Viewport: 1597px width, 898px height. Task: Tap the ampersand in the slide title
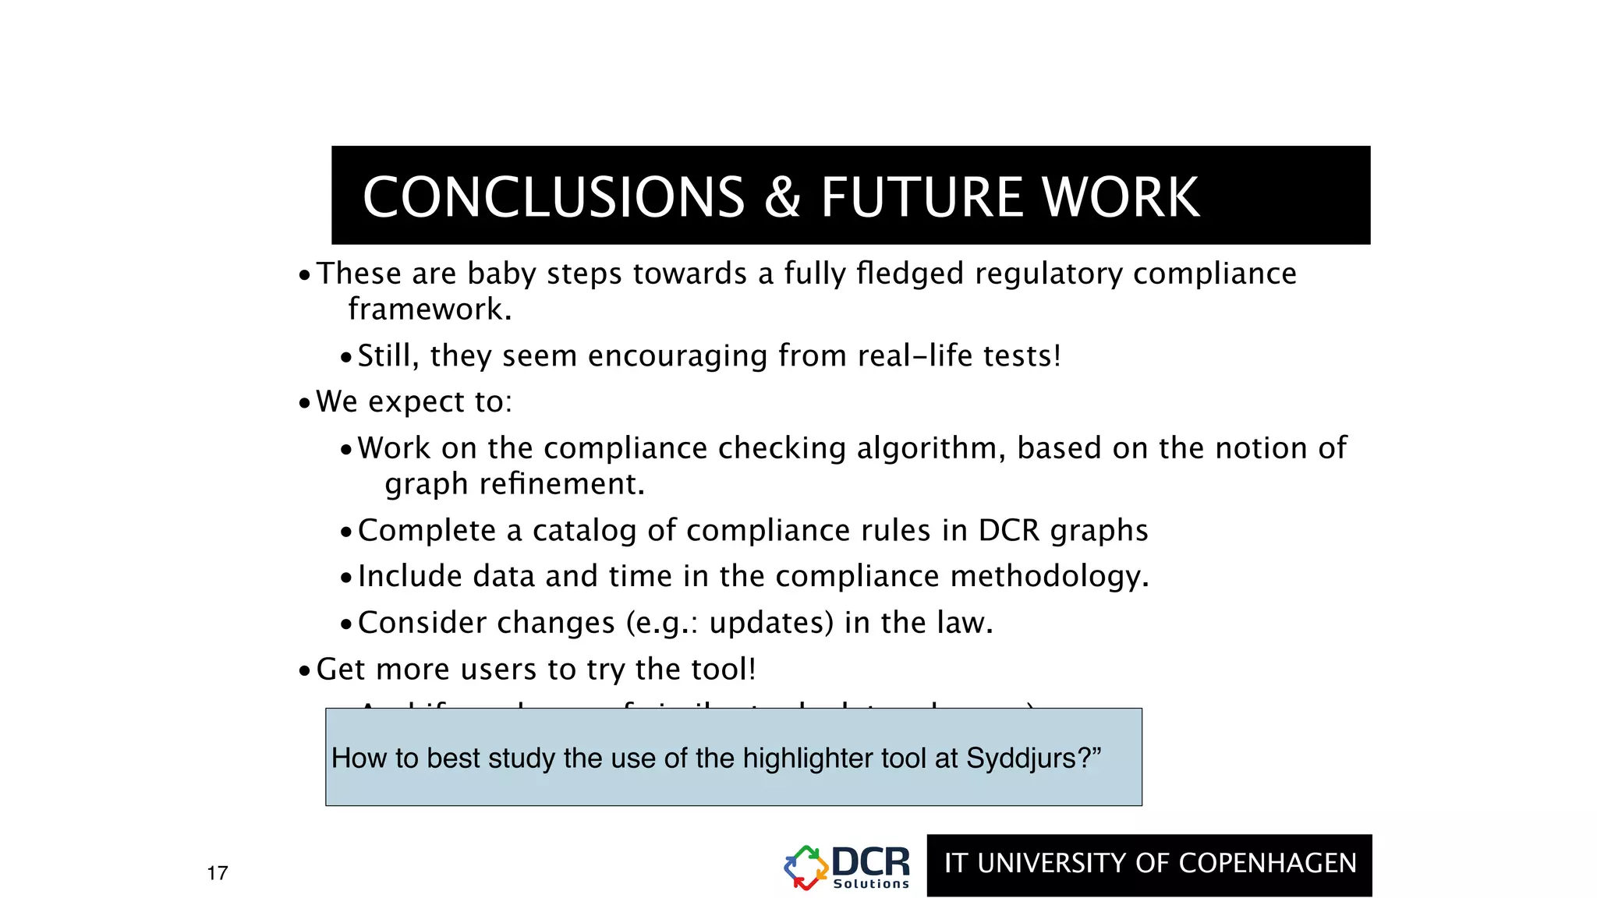[x=782, y=196]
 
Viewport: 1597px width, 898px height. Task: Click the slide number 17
[x=218, y=873]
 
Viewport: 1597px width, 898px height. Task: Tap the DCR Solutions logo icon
[x=806, y=868]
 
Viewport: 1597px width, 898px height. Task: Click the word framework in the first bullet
[x=429, y=310]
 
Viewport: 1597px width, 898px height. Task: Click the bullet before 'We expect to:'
[x=305, y=403]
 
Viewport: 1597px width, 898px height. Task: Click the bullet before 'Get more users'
[x=305, y=670]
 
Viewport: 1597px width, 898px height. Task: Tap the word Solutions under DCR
[x=871, y=884]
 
